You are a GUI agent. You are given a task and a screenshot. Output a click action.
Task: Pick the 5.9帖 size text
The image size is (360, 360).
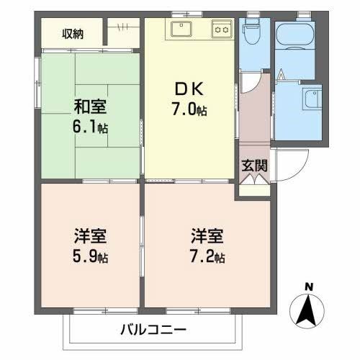coord(91,257)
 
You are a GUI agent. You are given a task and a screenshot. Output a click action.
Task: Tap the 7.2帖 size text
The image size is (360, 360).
coord(209,257)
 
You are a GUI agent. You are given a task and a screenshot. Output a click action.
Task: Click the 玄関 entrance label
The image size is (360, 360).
coord(254,165)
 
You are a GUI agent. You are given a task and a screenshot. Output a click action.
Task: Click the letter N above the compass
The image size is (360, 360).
coord(310,287)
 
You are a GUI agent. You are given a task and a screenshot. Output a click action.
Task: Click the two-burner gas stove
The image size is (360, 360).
coord(220,30)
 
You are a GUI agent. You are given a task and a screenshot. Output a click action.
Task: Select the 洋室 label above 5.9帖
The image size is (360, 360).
coord(90,236)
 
